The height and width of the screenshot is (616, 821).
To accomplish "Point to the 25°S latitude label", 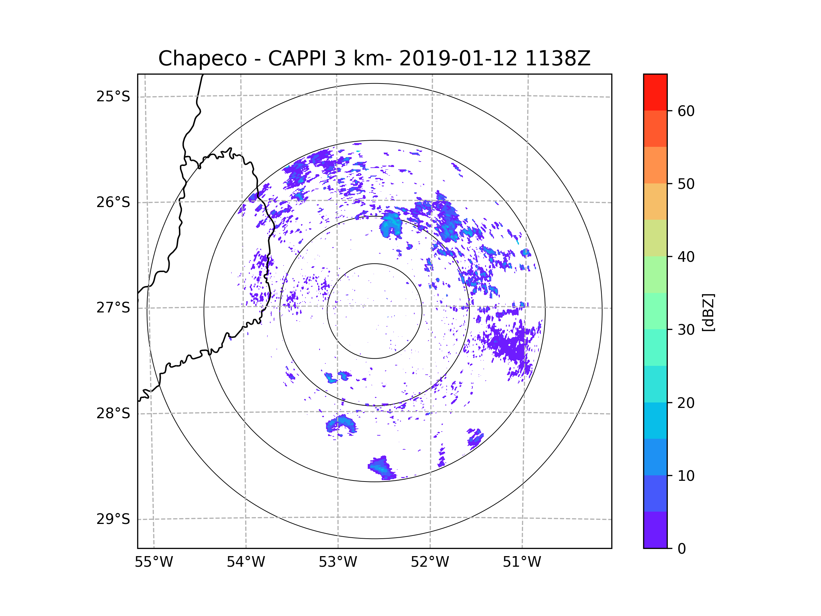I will tap(113, 97).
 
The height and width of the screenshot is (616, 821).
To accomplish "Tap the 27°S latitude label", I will tap(113, 308).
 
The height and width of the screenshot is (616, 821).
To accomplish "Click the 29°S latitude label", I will tap(113, 519).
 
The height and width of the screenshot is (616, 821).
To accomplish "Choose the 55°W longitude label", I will tap(154, 562).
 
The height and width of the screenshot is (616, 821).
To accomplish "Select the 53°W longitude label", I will tap(338, 562).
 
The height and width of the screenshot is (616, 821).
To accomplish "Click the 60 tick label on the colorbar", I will tap(686, 111).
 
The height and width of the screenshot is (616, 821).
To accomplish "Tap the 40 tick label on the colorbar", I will tap(686, 257).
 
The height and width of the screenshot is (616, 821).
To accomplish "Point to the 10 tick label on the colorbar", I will tap(686, 476).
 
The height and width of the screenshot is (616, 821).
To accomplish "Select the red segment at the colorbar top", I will tap(655, 92).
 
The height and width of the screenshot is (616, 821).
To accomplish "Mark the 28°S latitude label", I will tap(113, 413).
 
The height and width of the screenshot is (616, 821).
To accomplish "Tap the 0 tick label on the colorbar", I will tap(682, 549).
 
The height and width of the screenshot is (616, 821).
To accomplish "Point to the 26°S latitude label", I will tap(113, 202).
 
